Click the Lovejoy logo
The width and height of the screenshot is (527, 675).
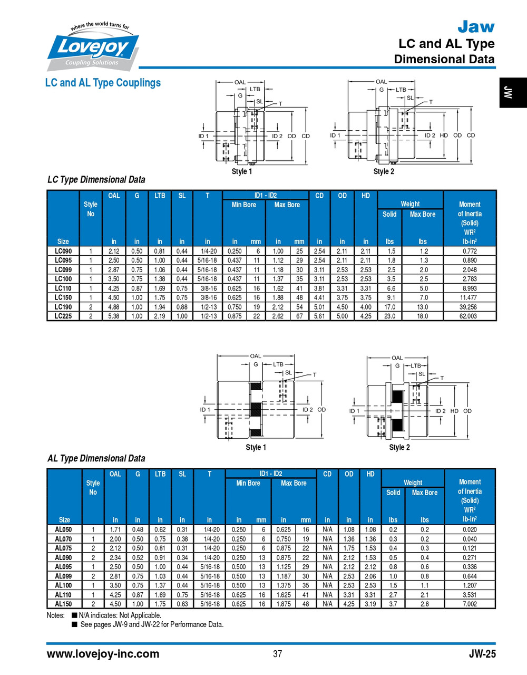coord(93,47)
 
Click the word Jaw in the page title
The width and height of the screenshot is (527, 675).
coord(475,26)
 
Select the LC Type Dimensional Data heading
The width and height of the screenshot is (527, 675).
coord(96,180)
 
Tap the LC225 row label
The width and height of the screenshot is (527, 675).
coord(63,316)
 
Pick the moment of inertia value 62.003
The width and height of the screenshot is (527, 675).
coord(469,316)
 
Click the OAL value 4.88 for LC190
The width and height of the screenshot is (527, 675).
coord(114,307)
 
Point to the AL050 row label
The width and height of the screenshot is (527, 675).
coord(63,529)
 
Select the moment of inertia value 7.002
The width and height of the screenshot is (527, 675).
coord(469,604)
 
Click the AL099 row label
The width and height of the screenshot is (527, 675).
coord(63,576)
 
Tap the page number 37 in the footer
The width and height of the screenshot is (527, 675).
coord(277,654)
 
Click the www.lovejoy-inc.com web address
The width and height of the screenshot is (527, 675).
coord(103,654)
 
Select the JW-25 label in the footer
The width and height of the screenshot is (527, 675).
coord(482,654)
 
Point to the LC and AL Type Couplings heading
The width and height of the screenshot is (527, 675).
coord(103,83)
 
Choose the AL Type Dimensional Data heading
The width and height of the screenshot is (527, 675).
coord(96,458)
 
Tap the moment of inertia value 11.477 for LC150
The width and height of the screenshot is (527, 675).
coord(469,297)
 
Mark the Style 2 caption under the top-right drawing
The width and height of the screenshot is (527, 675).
coord(383,171)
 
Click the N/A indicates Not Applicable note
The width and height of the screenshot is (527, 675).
coord(119,615)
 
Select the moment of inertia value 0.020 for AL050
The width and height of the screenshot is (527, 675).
coord(469,529)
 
